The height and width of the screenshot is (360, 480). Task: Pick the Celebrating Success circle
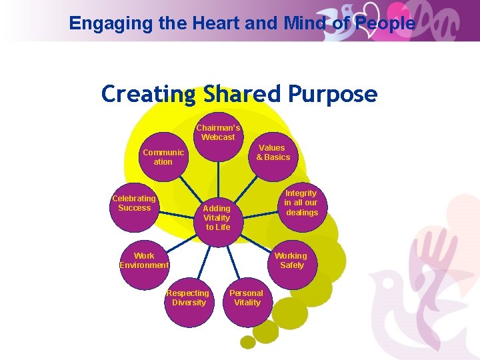click(135, 203)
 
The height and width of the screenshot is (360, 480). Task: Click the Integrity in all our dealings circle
click(301, 203)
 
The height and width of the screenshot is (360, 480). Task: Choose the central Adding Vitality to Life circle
click(217, 218)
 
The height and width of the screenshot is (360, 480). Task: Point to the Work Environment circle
click(144, 261)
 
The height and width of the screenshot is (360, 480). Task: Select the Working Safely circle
click(291, 261)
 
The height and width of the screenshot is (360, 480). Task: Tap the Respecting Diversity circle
click(189, 298)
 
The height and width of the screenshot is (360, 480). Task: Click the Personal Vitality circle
click(247, 298)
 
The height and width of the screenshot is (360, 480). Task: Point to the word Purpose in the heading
click(333, 95)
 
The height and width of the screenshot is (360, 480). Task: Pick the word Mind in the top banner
click(307, 23)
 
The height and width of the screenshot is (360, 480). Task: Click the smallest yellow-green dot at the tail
click(248, 342)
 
